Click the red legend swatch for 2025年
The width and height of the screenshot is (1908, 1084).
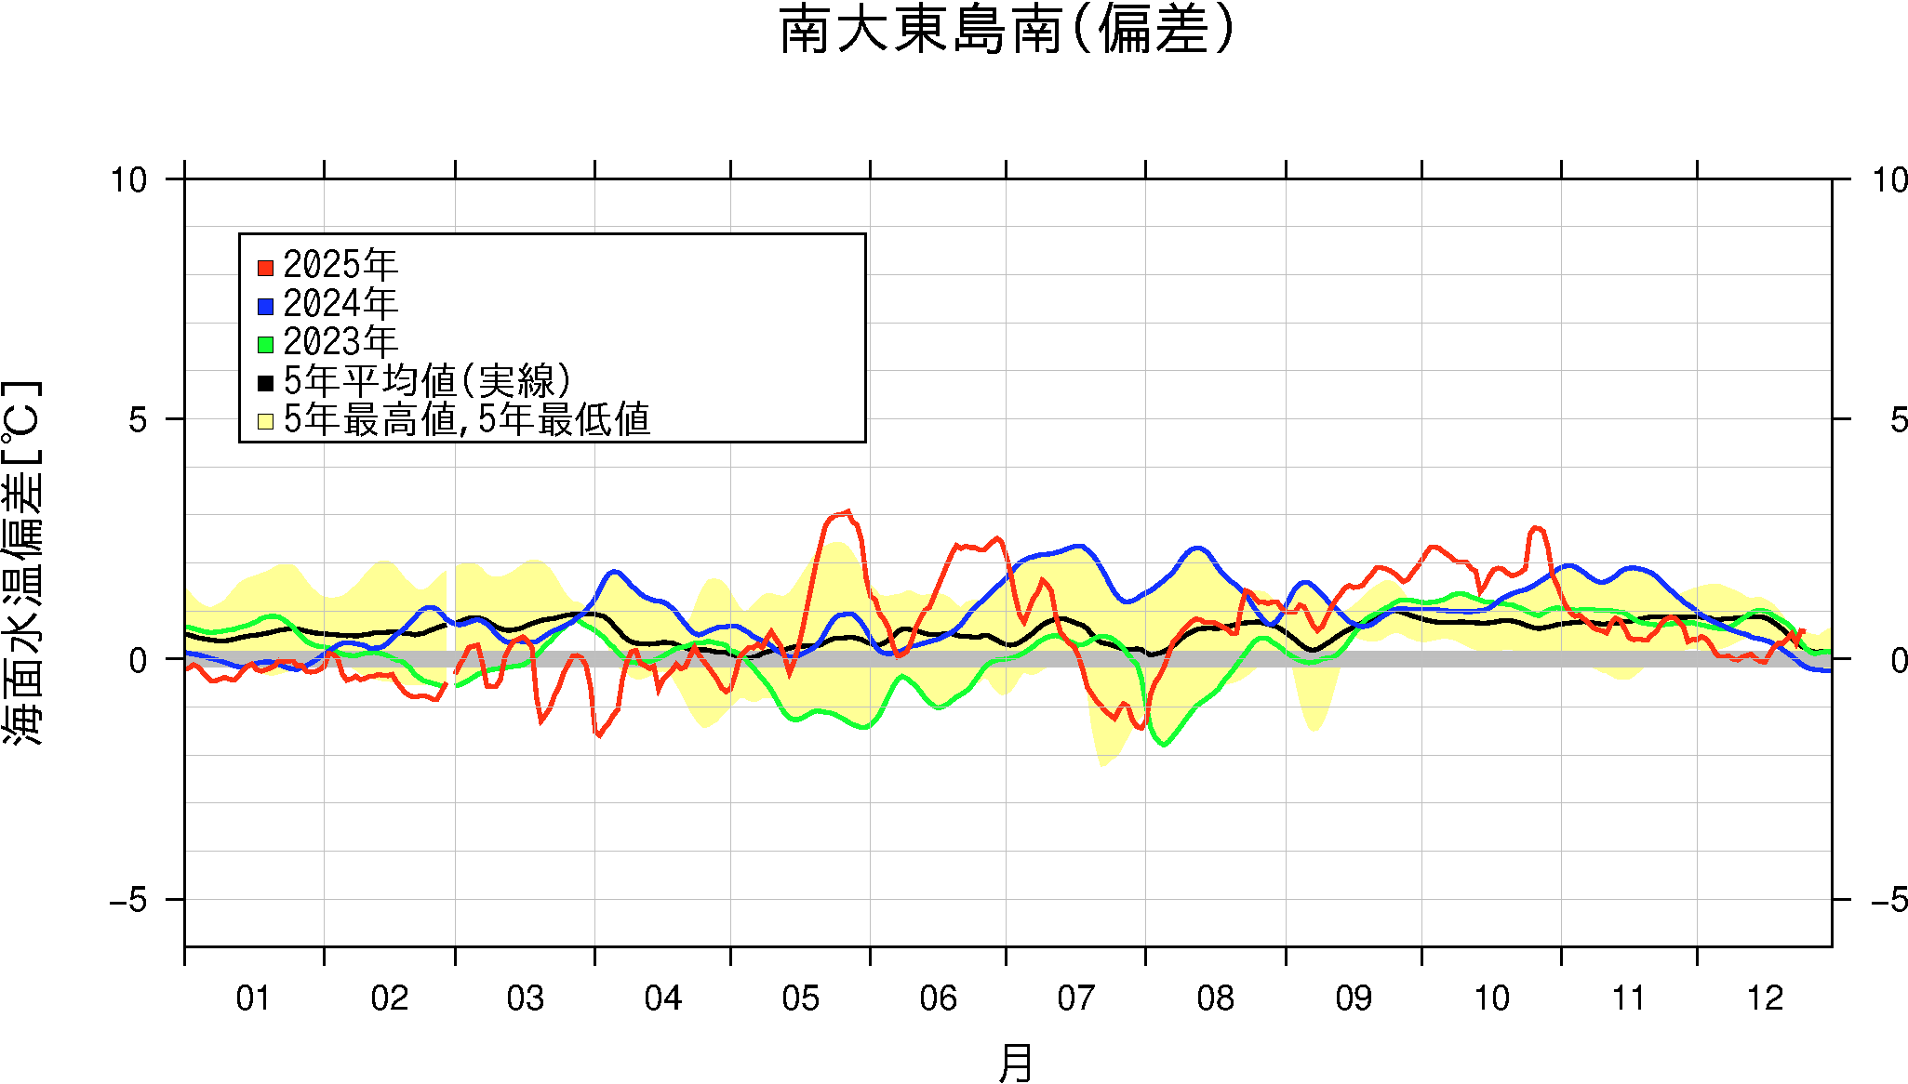265,268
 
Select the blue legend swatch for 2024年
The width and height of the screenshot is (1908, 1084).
265,306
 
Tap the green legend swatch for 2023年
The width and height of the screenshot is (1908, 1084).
265,344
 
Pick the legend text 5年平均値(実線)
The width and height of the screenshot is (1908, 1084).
427,381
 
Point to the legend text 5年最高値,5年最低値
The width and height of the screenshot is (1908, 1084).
466,420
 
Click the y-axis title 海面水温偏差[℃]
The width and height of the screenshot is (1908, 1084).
22,562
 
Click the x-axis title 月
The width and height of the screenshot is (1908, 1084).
1015,1062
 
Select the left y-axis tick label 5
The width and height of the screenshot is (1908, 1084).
138,420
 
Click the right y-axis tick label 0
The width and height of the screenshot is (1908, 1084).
1899,660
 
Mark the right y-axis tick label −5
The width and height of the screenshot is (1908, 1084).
1888,900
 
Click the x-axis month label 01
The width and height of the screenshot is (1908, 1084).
253,998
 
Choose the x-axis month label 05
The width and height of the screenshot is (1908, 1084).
800,998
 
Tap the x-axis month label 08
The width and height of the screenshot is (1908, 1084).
1215,998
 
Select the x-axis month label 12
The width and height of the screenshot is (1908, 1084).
1765,998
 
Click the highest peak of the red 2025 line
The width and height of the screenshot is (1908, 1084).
847,510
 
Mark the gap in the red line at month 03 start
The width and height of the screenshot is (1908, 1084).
451,677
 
